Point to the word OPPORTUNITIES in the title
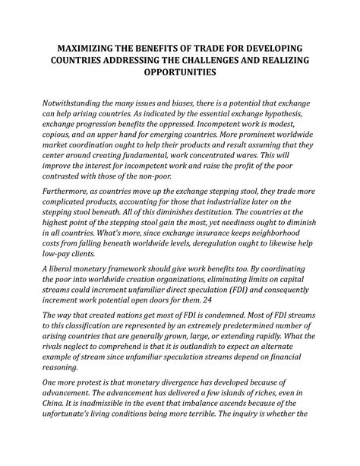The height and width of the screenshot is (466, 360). pos(180,74)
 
